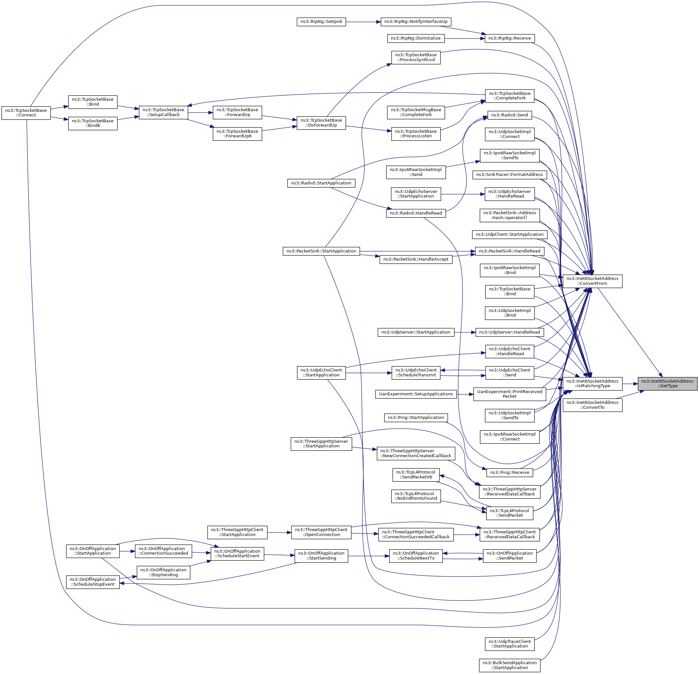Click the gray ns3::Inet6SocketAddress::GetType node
tap(667, 383)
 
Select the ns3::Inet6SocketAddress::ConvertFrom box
tap(592, 281)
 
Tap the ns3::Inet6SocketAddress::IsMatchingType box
tap(592, 383)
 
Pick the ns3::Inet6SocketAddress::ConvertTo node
tap(592, 405)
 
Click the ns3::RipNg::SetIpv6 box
tap(321, 22)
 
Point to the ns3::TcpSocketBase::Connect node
tap(26, 113)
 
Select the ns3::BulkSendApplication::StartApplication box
tap(509, 665)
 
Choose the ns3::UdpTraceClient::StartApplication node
tap(509, 644)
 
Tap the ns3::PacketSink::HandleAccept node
tap(416, 259)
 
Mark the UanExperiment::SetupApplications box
tap(416, 394)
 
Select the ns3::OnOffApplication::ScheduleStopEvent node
tap(93, 582)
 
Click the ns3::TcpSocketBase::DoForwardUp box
tap(321, 123)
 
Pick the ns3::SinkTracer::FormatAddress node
tap(509, 175)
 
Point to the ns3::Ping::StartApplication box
tap(416, 418)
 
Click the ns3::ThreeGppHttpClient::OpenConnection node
tap(321, 532)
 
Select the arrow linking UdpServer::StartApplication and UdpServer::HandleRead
tap(465, 332)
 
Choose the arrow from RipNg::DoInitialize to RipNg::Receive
tap(464, 38)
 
